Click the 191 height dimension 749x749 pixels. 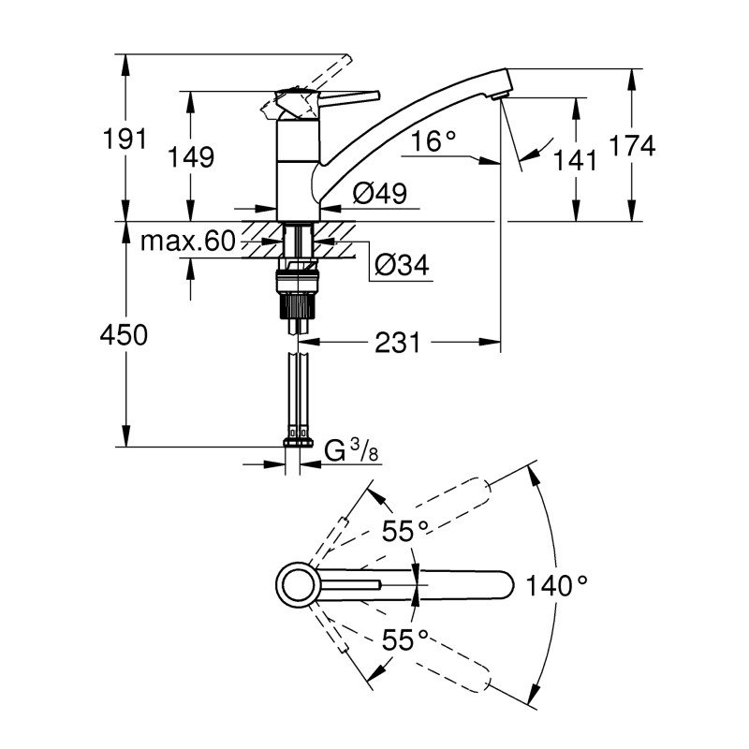125,139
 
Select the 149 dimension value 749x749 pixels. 192,155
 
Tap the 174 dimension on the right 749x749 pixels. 632,145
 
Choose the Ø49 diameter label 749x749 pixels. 379,193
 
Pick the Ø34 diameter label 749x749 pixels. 402,267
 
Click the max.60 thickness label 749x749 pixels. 186,242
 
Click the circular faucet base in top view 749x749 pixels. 297,586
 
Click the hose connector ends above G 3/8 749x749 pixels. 298,434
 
